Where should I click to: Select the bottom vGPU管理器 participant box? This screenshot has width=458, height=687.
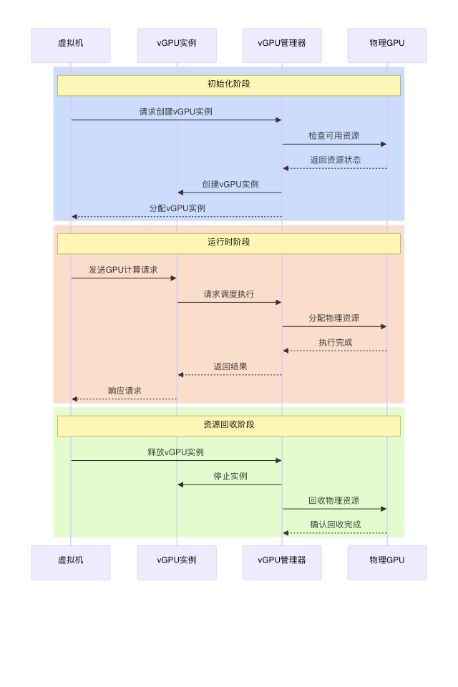tap(282, 562)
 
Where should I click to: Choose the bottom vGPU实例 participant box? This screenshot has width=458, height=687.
tap(177, 562)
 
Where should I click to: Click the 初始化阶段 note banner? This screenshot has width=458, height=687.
tap(229, 85)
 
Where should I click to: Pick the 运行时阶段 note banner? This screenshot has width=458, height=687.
tap(229, 243)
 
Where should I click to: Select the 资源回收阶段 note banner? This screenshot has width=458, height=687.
tap(229, 426)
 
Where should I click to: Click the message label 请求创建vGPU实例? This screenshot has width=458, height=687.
tap(176, 112)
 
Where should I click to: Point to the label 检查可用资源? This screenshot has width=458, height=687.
tap(334, 136)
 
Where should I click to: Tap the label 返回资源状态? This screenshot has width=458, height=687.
tap(335, 160)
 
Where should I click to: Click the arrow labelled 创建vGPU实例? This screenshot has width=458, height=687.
tap(229, 193)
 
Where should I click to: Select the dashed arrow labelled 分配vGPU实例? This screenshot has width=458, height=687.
tap(176, 217)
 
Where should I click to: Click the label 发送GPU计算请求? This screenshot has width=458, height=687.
tap(123, 270)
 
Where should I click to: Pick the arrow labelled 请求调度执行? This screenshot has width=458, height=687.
tap(229, 303)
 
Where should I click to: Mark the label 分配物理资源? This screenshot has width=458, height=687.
tap(334, 318)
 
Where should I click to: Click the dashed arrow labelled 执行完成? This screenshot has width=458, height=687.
tap(335, 351)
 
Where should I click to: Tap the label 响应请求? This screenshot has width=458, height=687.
tap(125, 391)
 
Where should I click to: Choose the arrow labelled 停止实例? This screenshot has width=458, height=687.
tap(229, 485)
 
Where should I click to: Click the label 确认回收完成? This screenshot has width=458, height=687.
tap(335, 525)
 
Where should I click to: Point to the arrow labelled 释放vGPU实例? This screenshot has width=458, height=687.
tap(176, 461)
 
